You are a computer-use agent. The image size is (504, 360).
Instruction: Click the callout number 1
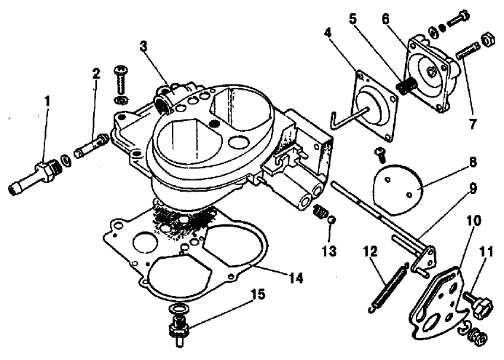(x=47, y=102)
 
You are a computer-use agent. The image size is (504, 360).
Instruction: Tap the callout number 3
(x=143, y=47)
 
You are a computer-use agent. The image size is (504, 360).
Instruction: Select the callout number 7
(x=472, y=123)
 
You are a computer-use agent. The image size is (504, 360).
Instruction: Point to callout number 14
(x=296, y=278)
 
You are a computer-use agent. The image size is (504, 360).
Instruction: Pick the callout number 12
(x=370, y=251)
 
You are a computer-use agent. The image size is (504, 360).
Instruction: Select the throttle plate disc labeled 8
(x=397, y=189)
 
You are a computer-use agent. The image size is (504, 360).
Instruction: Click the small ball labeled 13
(x=331, y=220)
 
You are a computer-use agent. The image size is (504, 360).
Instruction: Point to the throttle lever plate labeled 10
(x=440, y=302)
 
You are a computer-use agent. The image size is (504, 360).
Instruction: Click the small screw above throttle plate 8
(x=380, y=154)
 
